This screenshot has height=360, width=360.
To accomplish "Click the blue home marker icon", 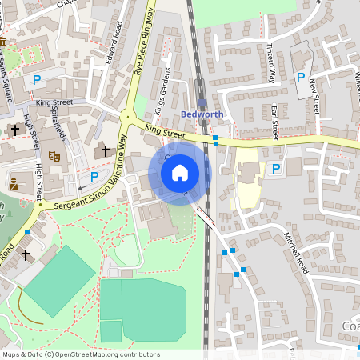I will click(x=180, y=173).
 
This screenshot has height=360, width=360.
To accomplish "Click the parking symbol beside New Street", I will click(x=301, y=78).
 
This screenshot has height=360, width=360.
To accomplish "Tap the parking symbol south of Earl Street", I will click(x=277, y=169).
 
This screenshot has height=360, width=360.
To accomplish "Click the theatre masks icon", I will click(x=54, y=156).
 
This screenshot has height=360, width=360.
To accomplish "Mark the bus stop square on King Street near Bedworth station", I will click(x=215, y=138).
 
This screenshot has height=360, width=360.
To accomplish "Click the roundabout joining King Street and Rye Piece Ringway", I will click(x=126, y=118).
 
